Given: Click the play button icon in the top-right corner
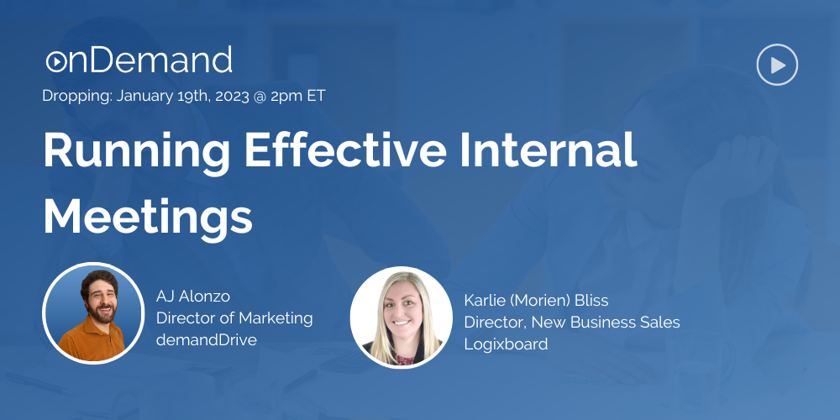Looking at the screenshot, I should pyautogui.click(x=777, y=65).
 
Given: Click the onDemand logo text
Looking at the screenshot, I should pyautogui.click(x=139, y=60).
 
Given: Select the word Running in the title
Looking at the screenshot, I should pyautogui.click(x=134, y=151).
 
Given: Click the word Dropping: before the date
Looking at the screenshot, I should pyautogui.click(x=77, y=96).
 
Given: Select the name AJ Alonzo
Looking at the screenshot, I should pyautogui.click(x=193, y=296).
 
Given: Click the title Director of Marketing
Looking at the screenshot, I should pyautogui.click(x=234, y=318).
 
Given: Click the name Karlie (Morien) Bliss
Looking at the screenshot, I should pyautogui.click(x=536, y=300).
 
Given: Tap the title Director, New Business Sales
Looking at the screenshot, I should pyautogui.click(x=571, y=322).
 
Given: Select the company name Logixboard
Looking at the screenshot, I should pyautogui.click(x=506, y=344).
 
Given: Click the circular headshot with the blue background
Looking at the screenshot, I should pyautogui.click(x=92, y=312).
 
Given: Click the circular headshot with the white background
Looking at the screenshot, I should pyautogui.click(x=401, y=317).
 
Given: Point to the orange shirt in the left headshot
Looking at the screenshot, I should pyautogui.click(x=94, y=344).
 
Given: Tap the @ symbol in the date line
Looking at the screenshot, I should pyautogui.click(x=260, y=97).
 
